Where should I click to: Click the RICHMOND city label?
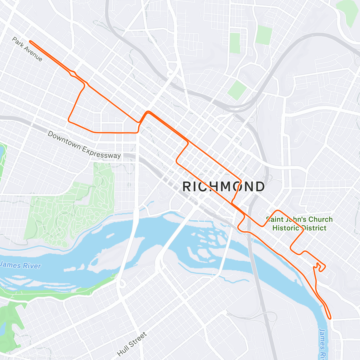coord(223,187)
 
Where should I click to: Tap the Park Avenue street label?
coord(27,49)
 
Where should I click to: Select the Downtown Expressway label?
coord(84,145)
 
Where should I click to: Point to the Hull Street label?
coord(132,344)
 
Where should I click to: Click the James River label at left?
coord(20,265)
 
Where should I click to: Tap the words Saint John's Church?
coord(299,220)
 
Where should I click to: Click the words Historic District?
coord(299,228)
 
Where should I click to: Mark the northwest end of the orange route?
coord(30,41)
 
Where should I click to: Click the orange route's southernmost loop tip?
coord(330,317)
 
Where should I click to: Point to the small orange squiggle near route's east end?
coord(320,267)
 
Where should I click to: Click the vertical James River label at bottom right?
coord(323,343)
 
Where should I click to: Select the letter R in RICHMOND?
coord(187,187)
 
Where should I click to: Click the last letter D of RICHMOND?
coord(260,187)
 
